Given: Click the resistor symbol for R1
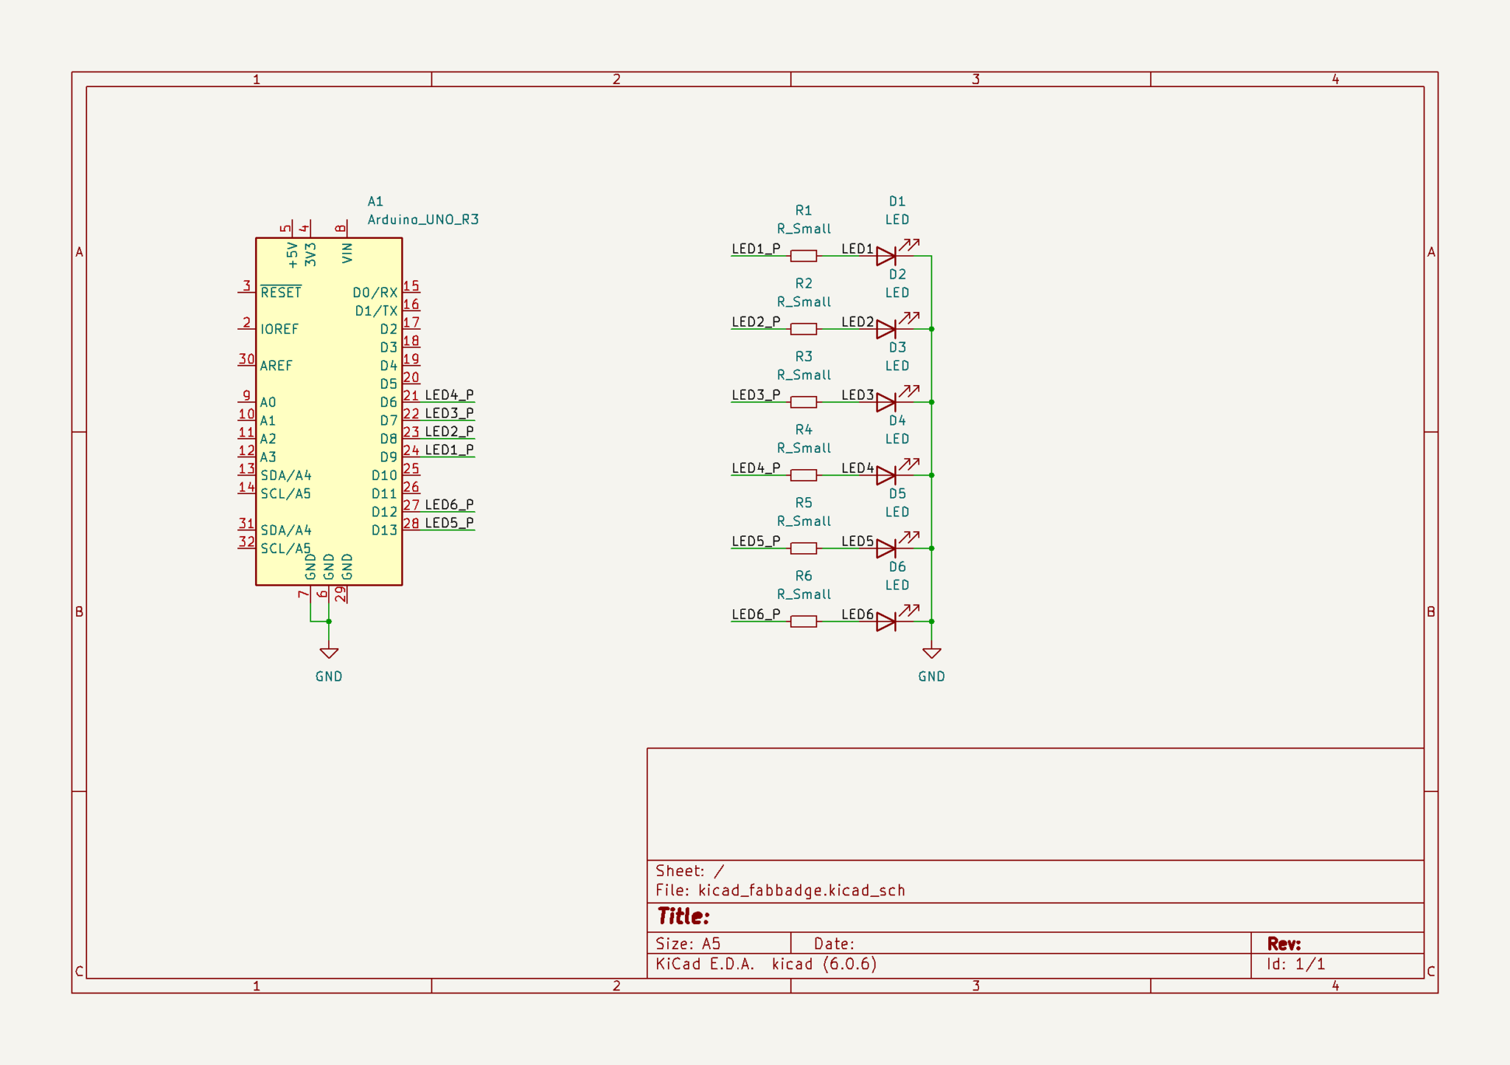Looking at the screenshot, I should tap(803, 256).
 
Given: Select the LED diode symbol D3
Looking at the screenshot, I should tap(887, 402).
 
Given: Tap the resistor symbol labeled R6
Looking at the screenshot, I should tap(803, 622).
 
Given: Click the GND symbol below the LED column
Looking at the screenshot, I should tap(931, 653).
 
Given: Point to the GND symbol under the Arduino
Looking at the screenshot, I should tap(329, 653).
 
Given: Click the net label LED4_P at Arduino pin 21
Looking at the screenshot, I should tap(449, 395).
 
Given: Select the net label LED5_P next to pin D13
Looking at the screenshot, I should tap(449, 523).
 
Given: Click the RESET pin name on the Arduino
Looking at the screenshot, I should tap(281, 293).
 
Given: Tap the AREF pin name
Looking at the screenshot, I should tap(276, 366).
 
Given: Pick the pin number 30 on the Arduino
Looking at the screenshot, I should tap(246, 359).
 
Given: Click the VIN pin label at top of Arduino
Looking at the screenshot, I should tap(347, 253).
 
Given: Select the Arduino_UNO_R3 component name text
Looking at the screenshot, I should tap(423, 220).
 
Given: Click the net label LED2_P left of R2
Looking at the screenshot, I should tap(756, 322).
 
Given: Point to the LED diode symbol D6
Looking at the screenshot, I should tap(887, 622).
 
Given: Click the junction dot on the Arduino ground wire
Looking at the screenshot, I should tap(329, 622).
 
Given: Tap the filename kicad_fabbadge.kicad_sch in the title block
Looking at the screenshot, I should tap(801, 890).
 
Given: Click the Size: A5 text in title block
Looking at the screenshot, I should tap(688, 944).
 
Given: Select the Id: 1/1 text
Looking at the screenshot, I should tap(1296, 964).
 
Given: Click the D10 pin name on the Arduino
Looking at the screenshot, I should tap(384, 476).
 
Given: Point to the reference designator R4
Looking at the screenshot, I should tap(804, 430).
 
